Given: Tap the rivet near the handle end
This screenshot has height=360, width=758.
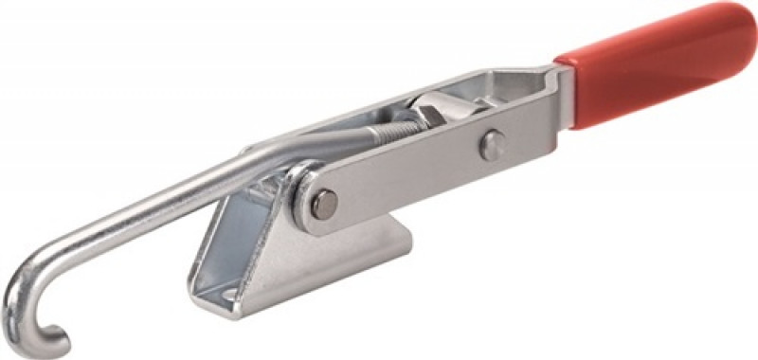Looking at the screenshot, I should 489,145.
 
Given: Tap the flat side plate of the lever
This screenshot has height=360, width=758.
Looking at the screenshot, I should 417,175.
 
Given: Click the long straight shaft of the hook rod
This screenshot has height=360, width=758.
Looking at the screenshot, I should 171,199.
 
